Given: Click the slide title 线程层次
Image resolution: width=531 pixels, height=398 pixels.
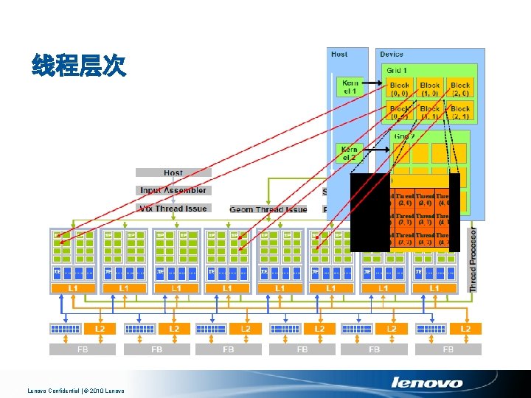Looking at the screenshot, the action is (x=79, y=66).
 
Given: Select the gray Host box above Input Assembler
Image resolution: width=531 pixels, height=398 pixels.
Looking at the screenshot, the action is (x=173, y=172).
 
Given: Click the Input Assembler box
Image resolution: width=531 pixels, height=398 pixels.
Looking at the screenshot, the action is (x=173, y=190).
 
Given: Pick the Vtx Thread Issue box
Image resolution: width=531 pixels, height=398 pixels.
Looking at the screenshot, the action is (x=173, y=208).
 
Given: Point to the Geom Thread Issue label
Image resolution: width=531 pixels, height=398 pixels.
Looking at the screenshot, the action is (x=268, y=210).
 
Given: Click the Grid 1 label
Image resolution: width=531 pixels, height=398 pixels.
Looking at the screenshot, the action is (x=397, y=70).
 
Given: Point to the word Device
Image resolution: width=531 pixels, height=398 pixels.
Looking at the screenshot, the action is (x=392, y=55).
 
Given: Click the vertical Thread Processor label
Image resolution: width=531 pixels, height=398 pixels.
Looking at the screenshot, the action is (x=473, y=259).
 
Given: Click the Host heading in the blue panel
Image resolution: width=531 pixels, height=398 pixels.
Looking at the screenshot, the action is (x=340, y=55).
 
